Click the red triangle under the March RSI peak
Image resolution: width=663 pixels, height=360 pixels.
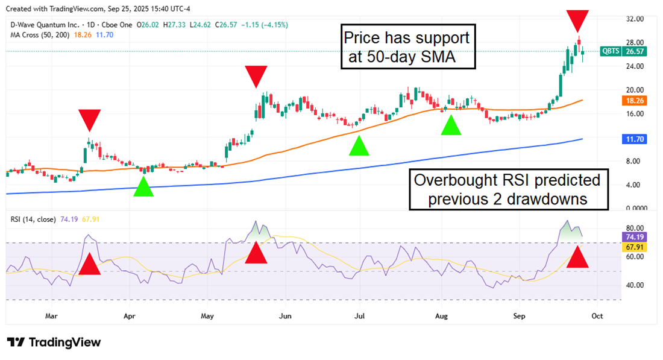(89, 264)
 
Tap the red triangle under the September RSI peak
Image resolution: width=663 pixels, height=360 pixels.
(577, 257)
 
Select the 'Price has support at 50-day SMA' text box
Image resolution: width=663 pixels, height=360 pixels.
(408, 47)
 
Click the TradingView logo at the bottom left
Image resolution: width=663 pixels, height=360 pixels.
(54, 343)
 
